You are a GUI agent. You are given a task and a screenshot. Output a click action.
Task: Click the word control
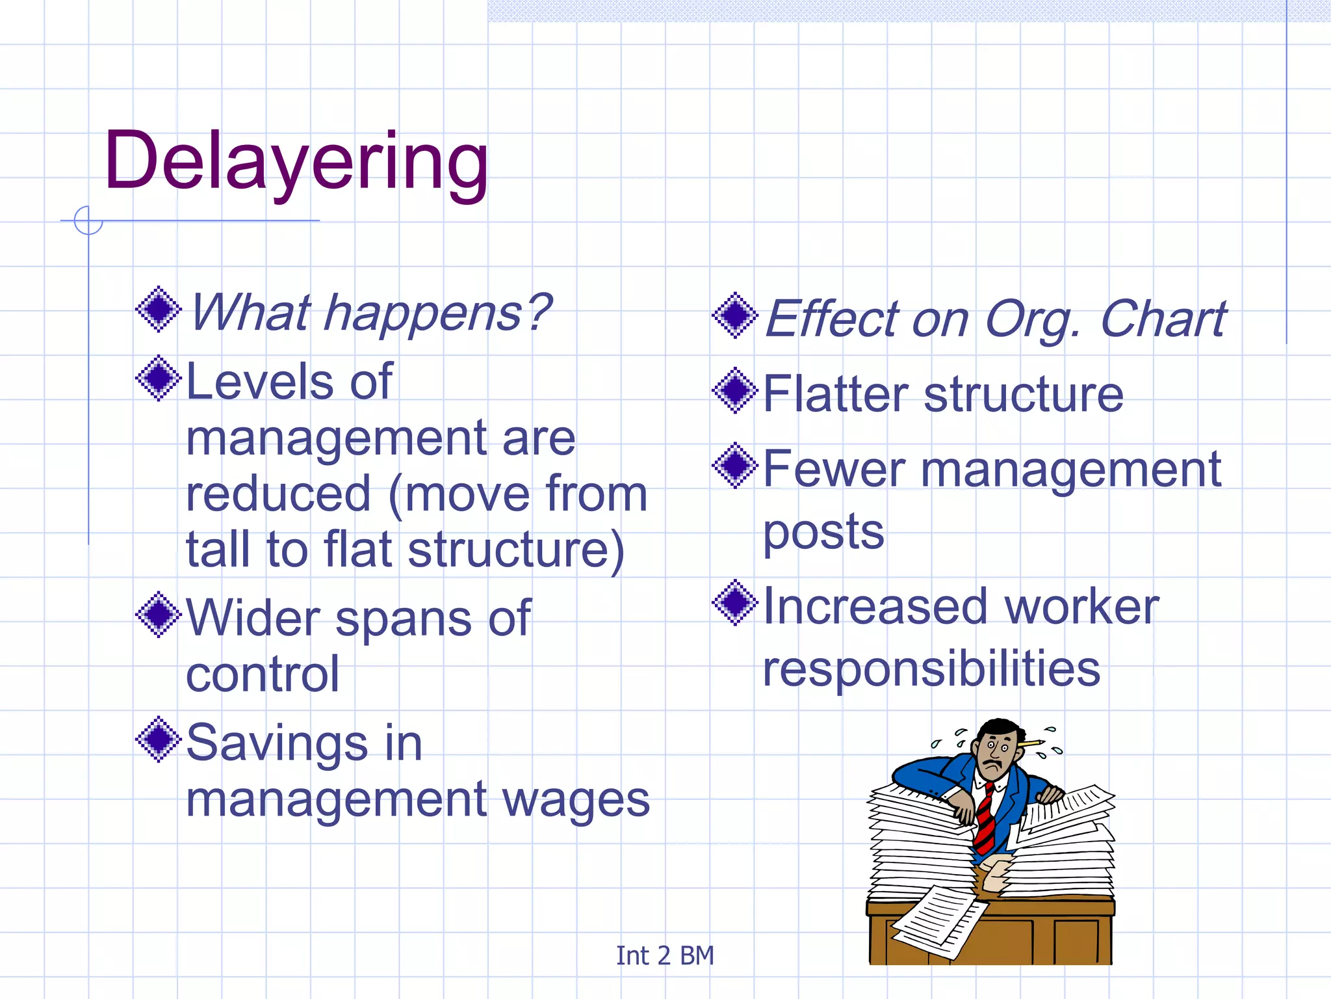click(x=263, y=674)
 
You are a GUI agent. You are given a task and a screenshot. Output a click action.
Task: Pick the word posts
click(x=823, y=532)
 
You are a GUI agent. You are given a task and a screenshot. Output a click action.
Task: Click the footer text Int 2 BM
click(x=664, y=955)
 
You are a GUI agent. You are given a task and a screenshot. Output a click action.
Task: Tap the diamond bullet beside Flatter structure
click(x=735, y=391)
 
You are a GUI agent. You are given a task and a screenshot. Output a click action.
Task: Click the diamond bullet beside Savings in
click(x=158, y=739)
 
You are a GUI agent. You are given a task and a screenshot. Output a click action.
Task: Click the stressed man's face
click(x=994, y=754)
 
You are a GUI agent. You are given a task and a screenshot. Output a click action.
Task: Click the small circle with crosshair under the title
click(x=88, y=220)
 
